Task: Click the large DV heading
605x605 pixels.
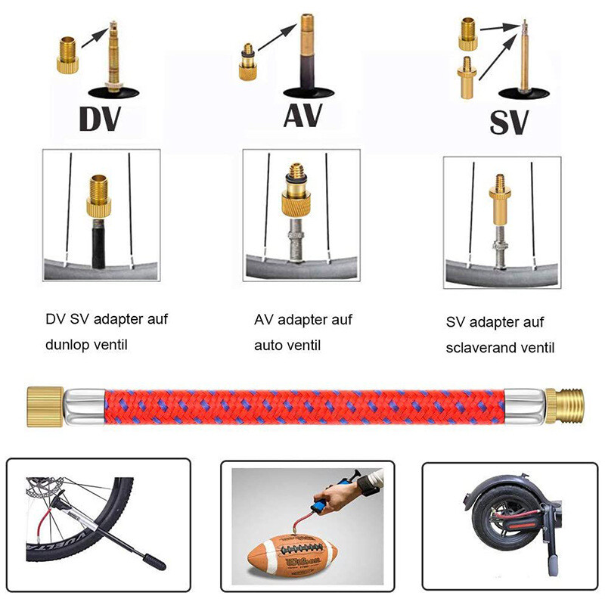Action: pyautogui.click(x=99, y=120)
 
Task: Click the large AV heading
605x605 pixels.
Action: pyautogui.click(x=302, y=116)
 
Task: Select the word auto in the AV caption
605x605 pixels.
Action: pyautogui.click(x=270, y=345)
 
